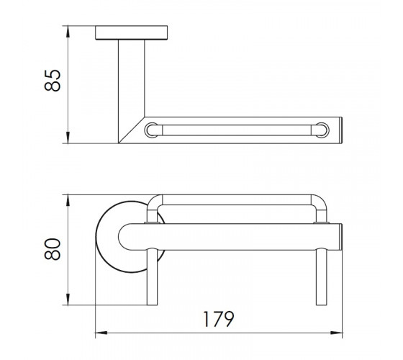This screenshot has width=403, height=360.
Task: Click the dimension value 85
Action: (x=53, y=80)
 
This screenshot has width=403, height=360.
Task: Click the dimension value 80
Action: (x=53, y=249)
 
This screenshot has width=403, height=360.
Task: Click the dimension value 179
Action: (x=219, y=319)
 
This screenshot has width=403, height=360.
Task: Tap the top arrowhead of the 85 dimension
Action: (x=68, y=32)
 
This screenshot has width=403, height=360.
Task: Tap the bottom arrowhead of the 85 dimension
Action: (x=68, y=138)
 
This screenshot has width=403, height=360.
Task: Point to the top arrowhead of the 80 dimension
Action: (x=68, y=200)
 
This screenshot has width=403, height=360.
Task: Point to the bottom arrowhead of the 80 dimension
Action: (x=68, y=300)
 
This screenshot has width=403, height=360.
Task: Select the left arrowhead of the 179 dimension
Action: (x=101, y=333)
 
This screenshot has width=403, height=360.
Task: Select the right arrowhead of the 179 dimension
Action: (x=336, y=333)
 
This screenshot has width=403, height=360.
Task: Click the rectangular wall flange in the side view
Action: (x=131, y=32)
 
